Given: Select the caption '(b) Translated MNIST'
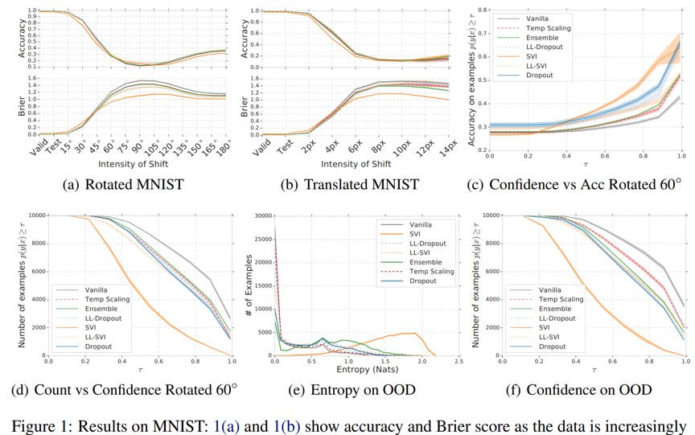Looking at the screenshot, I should (348, 183).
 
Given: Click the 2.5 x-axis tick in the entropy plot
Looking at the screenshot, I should (457, 363).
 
